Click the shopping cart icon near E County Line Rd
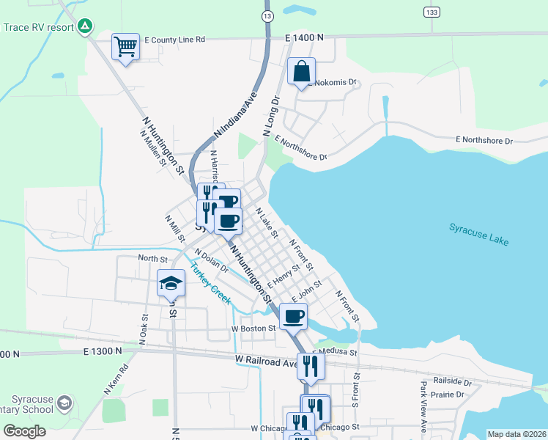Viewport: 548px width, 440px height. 125,47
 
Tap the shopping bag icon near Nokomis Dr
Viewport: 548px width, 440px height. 301,72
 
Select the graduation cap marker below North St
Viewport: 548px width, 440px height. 171,283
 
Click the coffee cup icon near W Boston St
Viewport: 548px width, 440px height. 293,316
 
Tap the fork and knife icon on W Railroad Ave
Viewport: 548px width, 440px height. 311,365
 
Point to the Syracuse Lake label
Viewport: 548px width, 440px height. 478,235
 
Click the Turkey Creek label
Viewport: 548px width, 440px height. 211,285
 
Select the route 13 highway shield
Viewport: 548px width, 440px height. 268,15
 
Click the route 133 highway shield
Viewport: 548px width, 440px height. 432,12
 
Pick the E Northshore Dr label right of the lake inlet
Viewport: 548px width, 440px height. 484,139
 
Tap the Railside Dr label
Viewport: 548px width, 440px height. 452,381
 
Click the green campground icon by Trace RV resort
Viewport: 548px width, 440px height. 86,26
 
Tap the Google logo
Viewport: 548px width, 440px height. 24,430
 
